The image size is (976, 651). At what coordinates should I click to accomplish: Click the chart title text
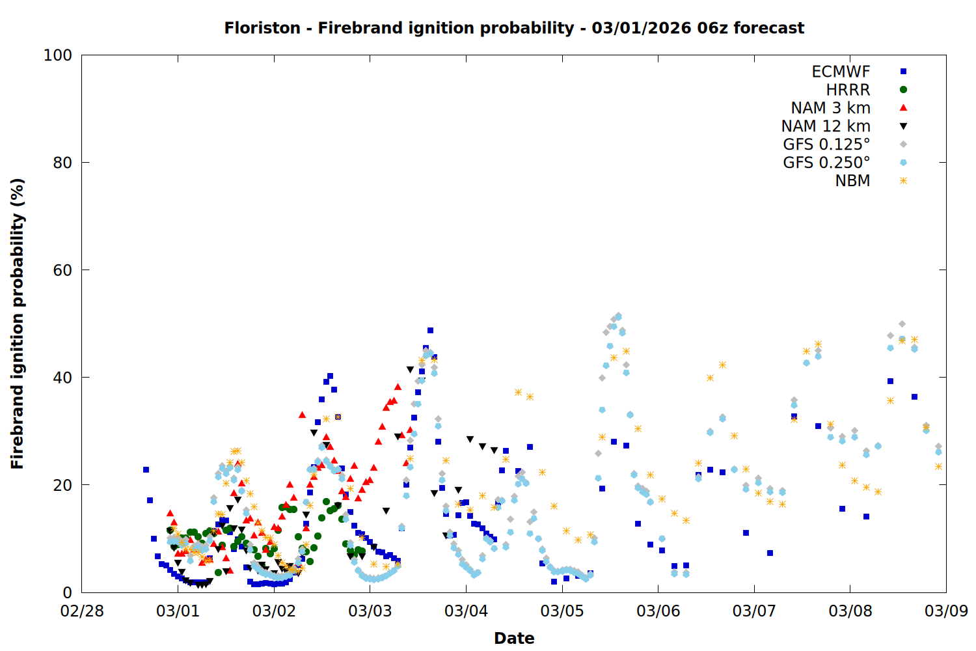click(x=514, y=28)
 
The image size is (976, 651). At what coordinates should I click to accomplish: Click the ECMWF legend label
click(x=841, y=72)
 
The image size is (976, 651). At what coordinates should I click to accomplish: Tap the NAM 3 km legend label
click(x=830, y=108)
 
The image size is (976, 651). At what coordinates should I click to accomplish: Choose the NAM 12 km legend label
click(x=826, y=126)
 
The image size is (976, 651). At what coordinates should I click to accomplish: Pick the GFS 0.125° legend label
click(x=826, y=145)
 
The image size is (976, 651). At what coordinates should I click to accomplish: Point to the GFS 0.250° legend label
click(x=826, y=163)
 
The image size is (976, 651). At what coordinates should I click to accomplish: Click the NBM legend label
click(x=852, y=181)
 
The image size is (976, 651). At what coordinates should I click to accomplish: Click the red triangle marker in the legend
click(x=903, y=108)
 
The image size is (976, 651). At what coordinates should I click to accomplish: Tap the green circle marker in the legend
click(x=903, y=90)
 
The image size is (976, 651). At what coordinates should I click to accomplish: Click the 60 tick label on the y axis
click(x=62, y=270)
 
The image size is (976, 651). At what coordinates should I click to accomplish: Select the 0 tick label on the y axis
click(x=67, y=592)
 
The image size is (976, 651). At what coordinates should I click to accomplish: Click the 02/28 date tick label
click(x=82, y=611)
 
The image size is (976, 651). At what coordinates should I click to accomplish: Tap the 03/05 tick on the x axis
click(x=562, y=611)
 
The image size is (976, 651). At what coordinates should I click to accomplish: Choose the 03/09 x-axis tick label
click(x=946, y=611)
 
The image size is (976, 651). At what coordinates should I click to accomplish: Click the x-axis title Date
click(x=514, y=638)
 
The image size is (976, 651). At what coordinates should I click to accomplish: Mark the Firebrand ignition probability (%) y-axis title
click(x=18, y=324)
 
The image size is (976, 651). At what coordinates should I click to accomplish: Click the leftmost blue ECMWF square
click(x=146, y=469)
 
